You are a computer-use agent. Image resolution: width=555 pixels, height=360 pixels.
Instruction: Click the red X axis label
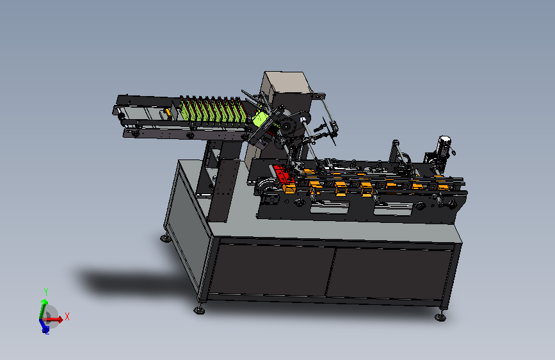(x=67, y=316)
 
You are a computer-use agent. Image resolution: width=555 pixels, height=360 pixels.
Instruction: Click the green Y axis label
(x=46, y=292)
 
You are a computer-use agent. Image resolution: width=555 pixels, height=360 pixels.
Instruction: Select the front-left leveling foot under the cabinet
(x=199, y=310)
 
